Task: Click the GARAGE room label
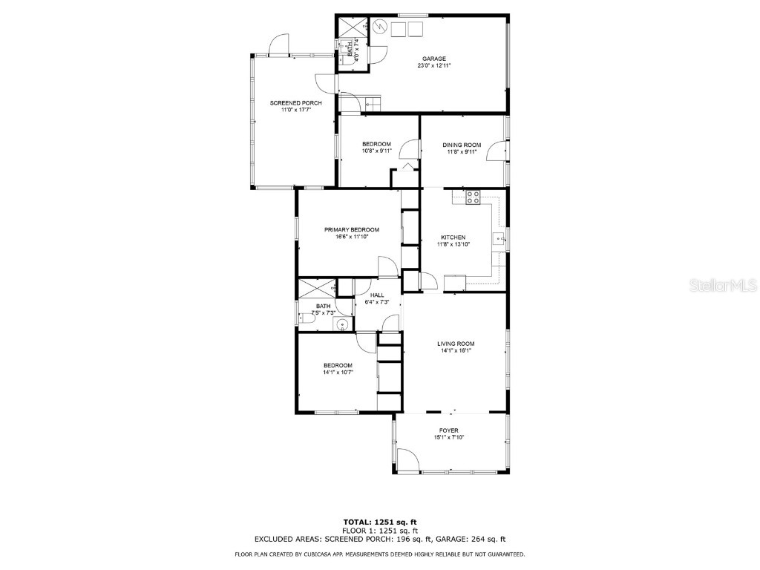[434, 59]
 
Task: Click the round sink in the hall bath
[341, 323]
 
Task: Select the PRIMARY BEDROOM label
[352, 230]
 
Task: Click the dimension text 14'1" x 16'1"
[456, 351]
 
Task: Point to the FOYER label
[448, 430]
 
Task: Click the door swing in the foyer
[407, 460]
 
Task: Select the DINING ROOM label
[462, 145]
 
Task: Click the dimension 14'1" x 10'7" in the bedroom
[338, 373]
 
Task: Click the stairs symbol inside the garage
[371, 103]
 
